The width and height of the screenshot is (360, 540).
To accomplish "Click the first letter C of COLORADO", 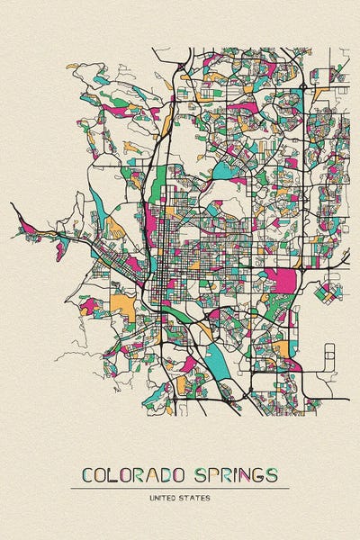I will tap(87, 474).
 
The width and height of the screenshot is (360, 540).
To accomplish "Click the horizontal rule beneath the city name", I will tap(180, 489).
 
